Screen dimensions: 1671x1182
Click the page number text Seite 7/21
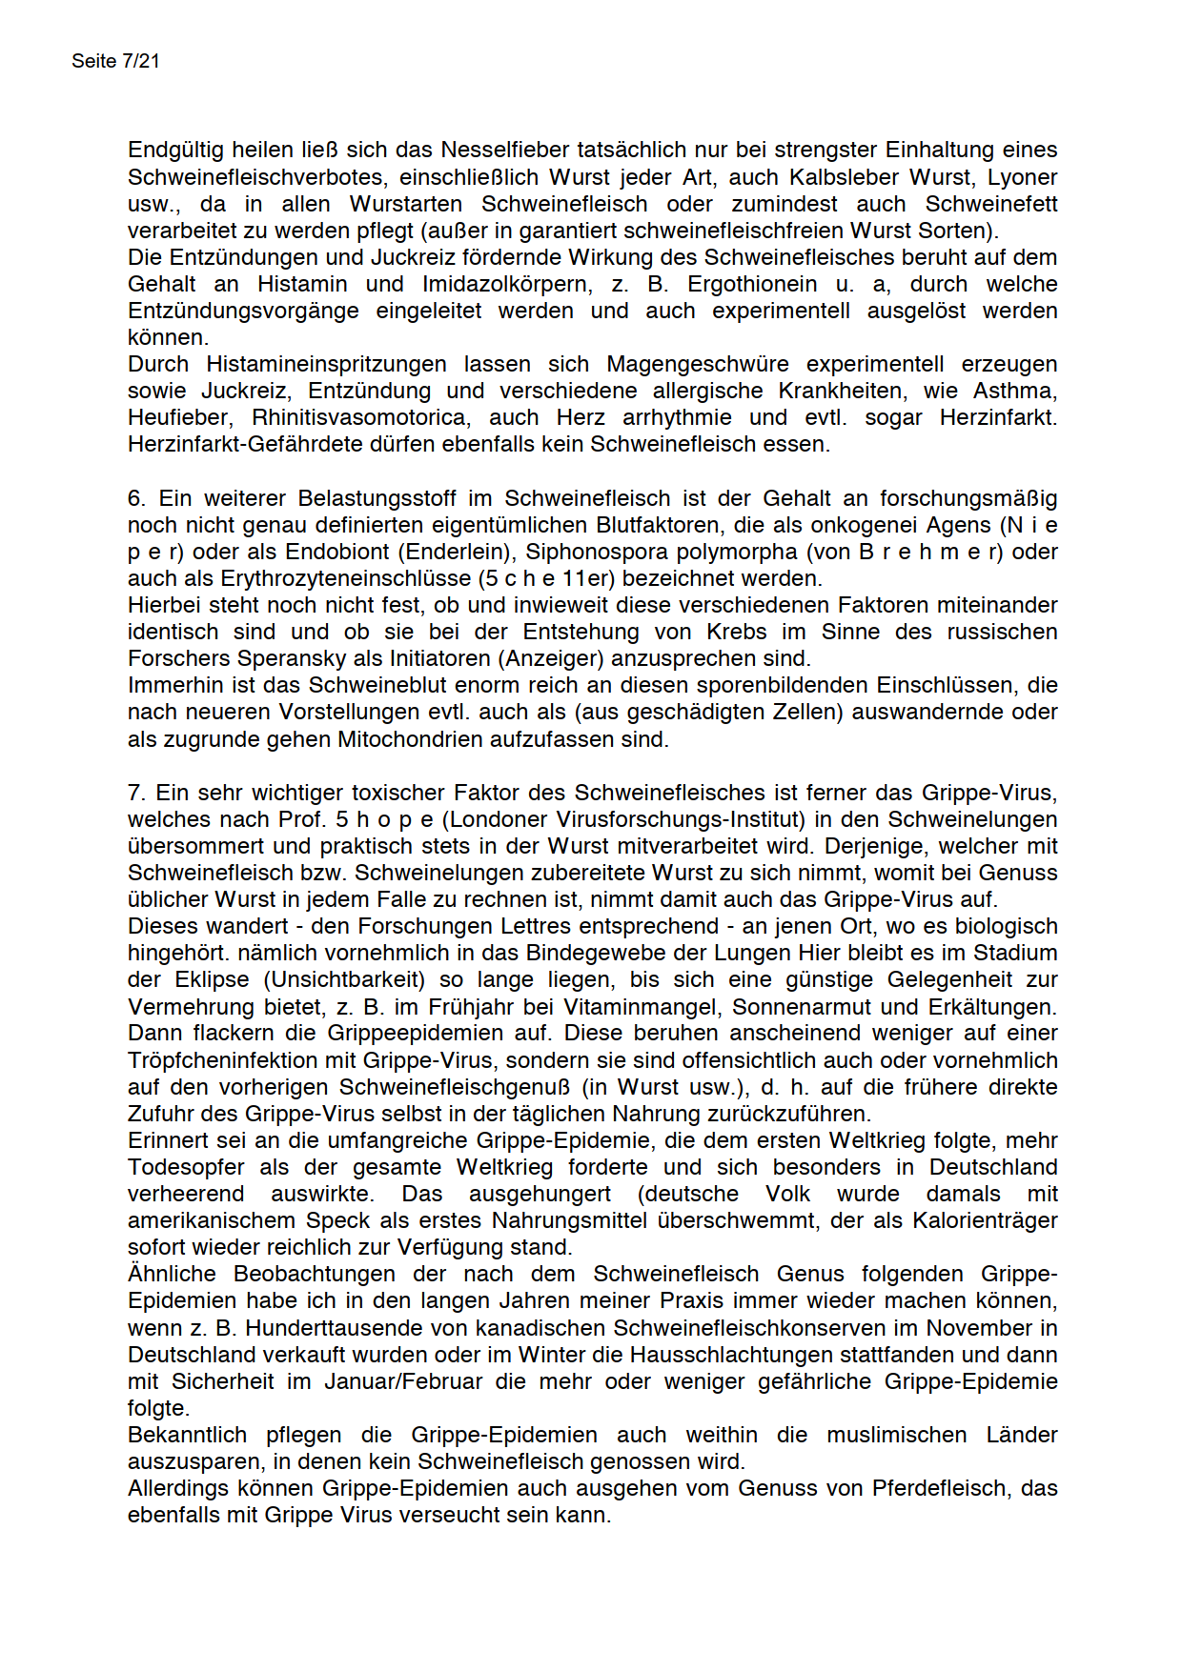[115, 61]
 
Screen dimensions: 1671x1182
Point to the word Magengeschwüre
[698, 364]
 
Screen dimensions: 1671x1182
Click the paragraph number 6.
[136, 498]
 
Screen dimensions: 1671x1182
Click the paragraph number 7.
[136, 793]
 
